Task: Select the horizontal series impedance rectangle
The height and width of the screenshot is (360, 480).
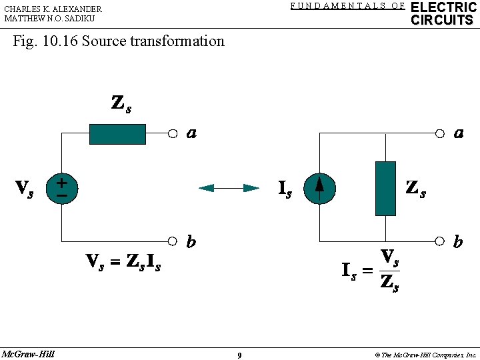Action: [x=117, y=134]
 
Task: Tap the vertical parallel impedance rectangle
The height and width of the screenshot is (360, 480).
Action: [x=385, y=189]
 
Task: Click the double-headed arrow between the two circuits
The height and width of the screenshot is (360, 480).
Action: [x=229, y=188]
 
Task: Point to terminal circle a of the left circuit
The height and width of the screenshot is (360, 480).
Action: [x=173, y=133]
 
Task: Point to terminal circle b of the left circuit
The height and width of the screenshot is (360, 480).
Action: [x=173, y=241]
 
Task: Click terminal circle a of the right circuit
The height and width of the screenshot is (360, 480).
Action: [x=439, y=133]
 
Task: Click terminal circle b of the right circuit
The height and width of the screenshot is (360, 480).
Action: [x=439, y=241]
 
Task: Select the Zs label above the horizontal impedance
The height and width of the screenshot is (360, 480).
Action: [x=121, y=105]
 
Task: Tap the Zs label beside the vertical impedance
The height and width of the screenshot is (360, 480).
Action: [x=416, y=189]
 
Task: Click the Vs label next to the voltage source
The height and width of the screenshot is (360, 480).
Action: [x=25, y=189]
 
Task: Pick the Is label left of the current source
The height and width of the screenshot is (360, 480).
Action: [x=285, y=190]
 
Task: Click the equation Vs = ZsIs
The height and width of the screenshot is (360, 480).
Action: [x=123, y=262]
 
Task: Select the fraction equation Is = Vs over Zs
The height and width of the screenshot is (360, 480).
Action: [x=371, y=270]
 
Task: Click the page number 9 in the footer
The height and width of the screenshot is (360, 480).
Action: [x=239, y=355]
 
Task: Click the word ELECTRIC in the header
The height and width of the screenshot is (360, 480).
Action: [x=444, y=7]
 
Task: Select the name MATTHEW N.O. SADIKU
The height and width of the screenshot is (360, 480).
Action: [x=49, y=19]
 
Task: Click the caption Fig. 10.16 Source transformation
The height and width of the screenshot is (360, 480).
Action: [x=119, y=41]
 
